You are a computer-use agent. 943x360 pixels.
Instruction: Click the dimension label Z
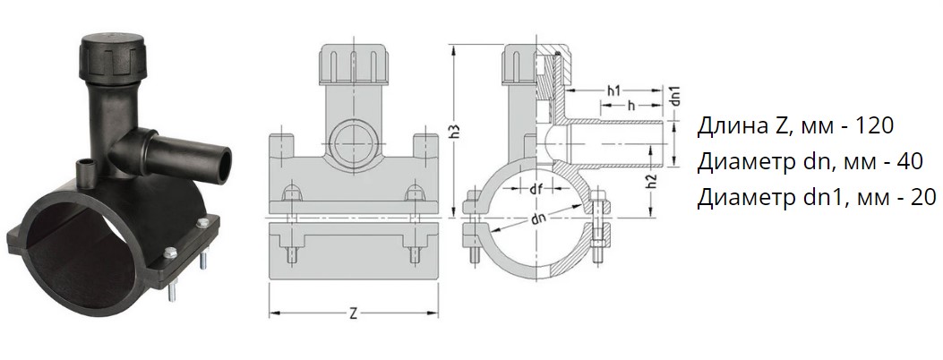pyautogui.click(x=353, y=313)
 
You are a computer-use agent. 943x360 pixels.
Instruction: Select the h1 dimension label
pyautogui.click(x=613, y=91)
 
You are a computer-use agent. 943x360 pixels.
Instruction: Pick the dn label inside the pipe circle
pyautogui.click(x=539, y=220)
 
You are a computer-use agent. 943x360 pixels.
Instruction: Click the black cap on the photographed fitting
pyautogui.click(x=113, y=58)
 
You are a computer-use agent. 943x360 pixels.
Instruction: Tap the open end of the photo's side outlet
pyautogui.click(x=224, y=165)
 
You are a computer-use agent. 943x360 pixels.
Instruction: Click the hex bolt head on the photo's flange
pyautogui.click(x=170, y=253)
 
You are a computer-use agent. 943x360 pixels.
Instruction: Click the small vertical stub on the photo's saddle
pyautogui.click(x=85, y=169)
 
